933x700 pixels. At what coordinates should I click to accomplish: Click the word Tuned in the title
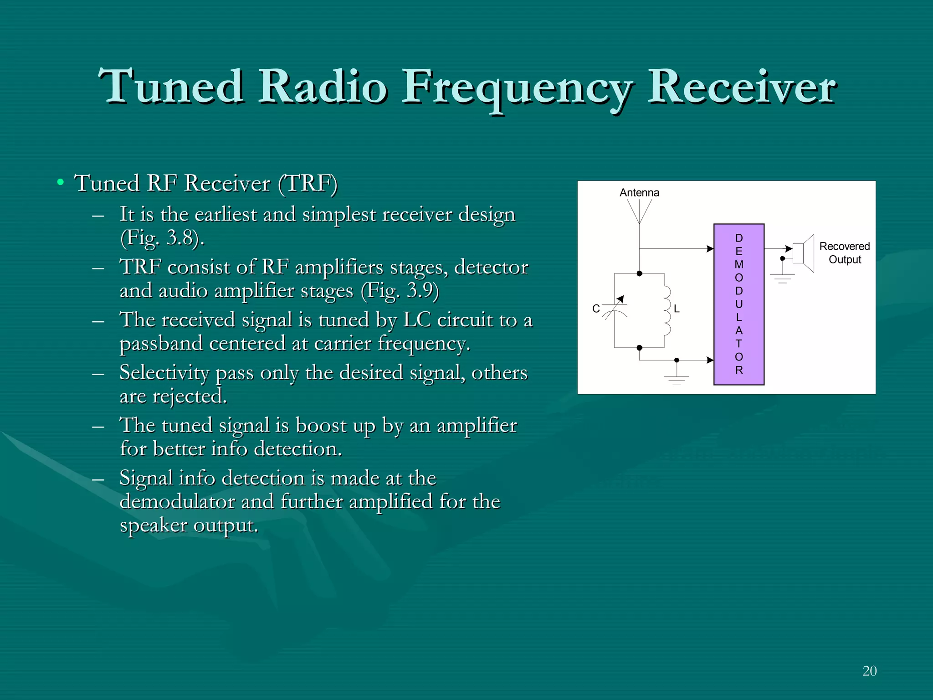pyautogui.click(x=171, y=87)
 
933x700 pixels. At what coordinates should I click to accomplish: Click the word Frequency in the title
pyautogui.click(x=517, y=87)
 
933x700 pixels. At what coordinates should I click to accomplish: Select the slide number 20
pyautogui.click(x=869, y=671)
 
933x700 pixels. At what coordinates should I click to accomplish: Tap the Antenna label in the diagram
pyautogui.click(x=639, y=193)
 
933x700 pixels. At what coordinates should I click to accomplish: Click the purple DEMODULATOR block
pyautogui.click(x=738, y=304)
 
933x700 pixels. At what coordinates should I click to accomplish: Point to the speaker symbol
pyautogui.click(x=804, y=253)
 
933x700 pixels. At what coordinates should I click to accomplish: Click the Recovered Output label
pyautogui.click(x=845, y=253)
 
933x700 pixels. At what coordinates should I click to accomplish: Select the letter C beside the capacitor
pyautogui.click(x=596, y=309)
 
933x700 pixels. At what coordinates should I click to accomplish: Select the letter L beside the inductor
pyautogui.click(x=677, y=309)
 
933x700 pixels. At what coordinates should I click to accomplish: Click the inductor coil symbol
pyautogui.click(x=666, y=311)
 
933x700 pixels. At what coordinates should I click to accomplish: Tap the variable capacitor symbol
pyautogui.click(x=615, y=309)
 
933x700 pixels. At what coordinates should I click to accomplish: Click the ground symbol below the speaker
pyautogui.click(x=782, y=278)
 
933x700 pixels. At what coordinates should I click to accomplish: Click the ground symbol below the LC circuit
pyautogui.click(x=677, y=379)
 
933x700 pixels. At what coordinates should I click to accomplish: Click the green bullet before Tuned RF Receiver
pyautogui.click(x=60, y=183)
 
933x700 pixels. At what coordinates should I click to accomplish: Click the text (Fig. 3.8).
pyautogui.click(x=162, y=238)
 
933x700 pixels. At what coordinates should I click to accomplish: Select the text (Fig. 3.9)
pyautogui.click(x=400, y=291)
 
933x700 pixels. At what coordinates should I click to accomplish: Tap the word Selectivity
pyautogui.click(x=164, y=373)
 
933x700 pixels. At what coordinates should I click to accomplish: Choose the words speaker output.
pyautogui.click(x=189, y=525)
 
